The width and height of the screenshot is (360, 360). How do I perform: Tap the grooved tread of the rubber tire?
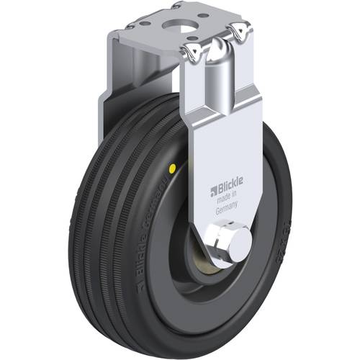pyautogui.click(x=108, y=216)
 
